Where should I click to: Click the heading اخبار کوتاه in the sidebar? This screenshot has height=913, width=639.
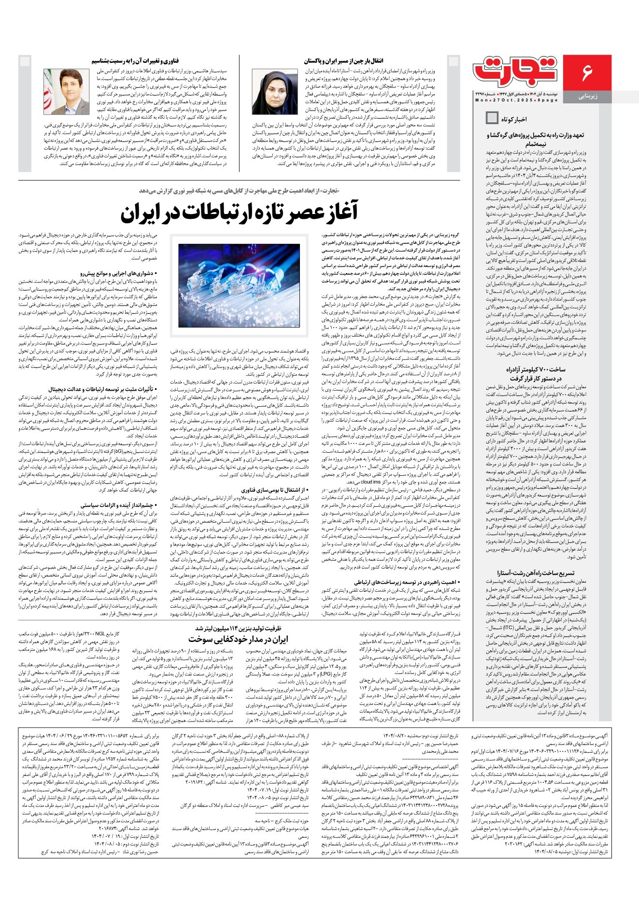coord(514,119)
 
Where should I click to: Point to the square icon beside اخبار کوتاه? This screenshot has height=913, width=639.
coord(492,118)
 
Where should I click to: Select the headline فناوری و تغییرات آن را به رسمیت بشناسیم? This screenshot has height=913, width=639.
coord(135,61)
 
